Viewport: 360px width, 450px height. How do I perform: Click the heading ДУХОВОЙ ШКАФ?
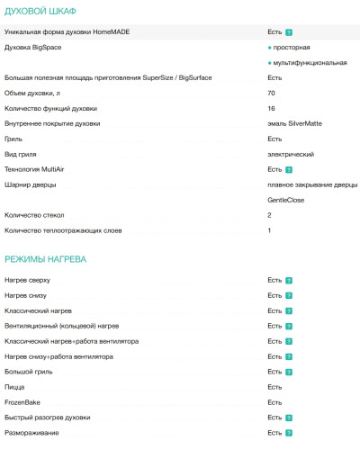point(40,11)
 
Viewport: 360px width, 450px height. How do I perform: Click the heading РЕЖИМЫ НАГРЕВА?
point(45,258)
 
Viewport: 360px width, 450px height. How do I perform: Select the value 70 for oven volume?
point(272,93)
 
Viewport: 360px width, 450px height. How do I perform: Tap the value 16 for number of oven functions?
point(272,108)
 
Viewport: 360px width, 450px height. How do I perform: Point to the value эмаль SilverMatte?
point(294,123)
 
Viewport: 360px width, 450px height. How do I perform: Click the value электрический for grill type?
point(291,154)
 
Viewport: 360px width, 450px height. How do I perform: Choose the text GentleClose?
point(287,200)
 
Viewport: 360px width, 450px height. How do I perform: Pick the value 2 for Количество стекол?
point(270,215)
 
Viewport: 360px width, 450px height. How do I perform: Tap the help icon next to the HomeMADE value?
point(290,31)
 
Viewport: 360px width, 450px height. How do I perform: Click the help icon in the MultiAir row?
point(290,169)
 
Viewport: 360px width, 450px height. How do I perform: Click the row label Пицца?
point(14,387)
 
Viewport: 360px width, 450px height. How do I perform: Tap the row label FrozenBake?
point(22,402)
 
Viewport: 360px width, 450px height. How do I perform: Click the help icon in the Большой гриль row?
point(290,372)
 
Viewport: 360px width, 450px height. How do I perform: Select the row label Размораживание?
point(32,433)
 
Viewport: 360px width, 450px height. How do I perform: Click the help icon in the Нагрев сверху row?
point(290,280)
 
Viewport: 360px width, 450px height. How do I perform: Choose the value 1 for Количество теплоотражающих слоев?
point(270,230)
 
